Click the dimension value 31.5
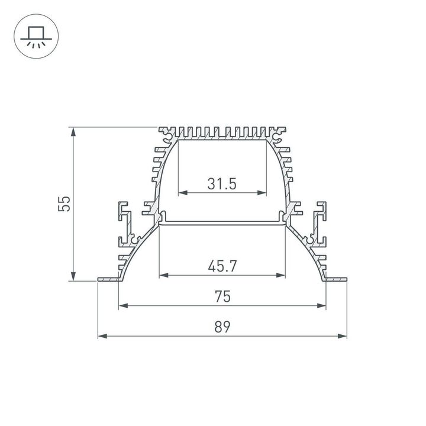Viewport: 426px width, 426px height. [222, 183]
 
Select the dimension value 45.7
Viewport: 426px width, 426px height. [222, 266]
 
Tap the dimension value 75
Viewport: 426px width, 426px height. [222, 297]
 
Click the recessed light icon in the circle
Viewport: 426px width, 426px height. [35, 35]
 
